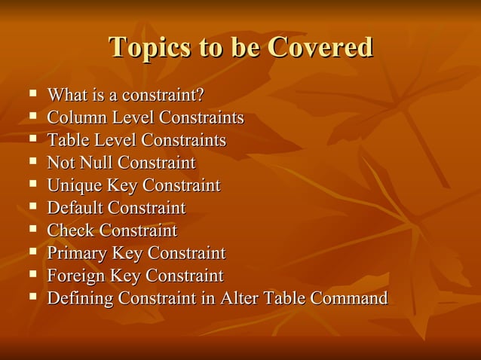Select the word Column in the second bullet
72,118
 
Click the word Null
98,163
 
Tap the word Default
75,208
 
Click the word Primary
76,253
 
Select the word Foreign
76,276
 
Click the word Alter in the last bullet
239,298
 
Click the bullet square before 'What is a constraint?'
32,95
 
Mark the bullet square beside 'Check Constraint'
32,230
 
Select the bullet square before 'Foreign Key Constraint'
32,275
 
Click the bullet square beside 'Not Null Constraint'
32,163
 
